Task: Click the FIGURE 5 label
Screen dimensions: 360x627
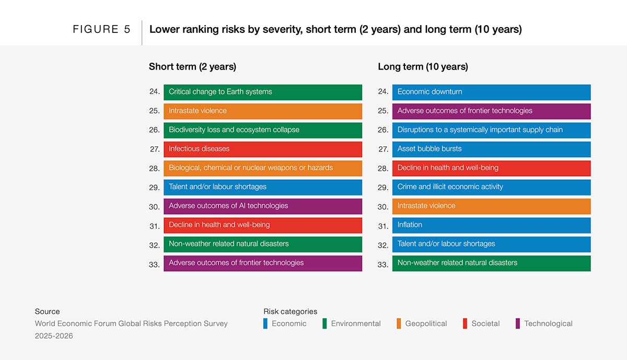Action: (x=101, y=29)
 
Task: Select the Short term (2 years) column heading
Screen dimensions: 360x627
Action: (x=192, y=66)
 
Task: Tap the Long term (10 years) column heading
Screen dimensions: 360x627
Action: (x=423, y=66)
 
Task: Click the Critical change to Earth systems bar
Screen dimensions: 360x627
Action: (x=262, y=92)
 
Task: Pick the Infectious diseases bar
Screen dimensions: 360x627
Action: (x=262, y=149)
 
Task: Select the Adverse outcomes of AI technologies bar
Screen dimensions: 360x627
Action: (x=262, y=206)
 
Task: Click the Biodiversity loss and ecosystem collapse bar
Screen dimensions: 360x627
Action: (x=262, y=130)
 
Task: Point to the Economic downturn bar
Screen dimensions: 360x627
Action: (x=491, y=92)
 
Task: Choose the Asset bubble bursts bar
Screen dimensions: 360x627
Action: (x=491, y=149)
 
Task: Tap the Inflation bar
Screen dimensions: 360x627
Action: (x=491, y=225)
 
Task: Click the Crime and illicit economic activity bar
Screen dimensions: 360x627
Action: (x=491, y=187)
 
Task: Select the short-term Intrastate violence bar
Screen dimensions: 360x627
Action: (x=262, y=111)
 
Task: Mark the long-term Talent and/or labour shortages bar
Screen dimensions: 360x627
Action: (x=491, y=244)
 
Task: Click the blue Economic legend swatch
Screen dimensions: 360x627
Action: (x=265, y=323)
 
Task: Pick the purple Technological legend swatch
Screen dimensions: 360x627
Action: (x=518, y=323)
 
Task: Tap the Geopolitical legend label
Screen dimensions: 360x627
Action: (x=426, y=323)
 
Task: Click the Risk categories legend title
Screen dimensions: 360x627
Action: (x=290, y=311)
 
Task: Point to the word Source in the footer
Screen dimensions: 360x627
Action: (x=47, y=311)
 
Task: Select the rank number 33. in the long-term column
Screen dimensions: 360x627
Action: (x=383, y=264)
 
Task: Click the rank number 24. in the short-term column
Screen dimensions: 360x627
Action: (x=154, y=91)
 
